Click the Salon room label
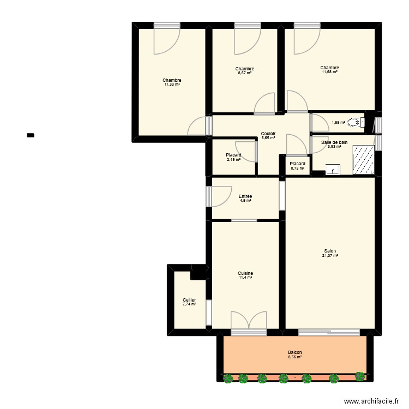[330, 251]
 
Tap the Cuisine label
[245, 273]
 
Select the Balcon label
[295, 352]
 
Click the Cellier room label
[189, 300]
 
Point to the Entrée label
[245, 196]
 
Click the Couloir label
[268, 134]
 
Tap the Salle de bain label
[334, 142]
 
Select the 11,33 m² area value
[172, 85]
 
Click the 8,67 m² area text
[245, 73]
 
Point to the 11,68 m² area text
[330, 72]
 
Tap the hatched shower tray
[363, 159]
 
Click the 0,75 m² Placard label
[297, 164]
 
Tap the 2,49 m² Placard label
[233, 155]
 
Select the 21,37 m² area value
[330, 255]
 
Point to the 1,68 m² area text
[338, 123]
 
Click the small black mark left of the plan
[31, 135]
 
